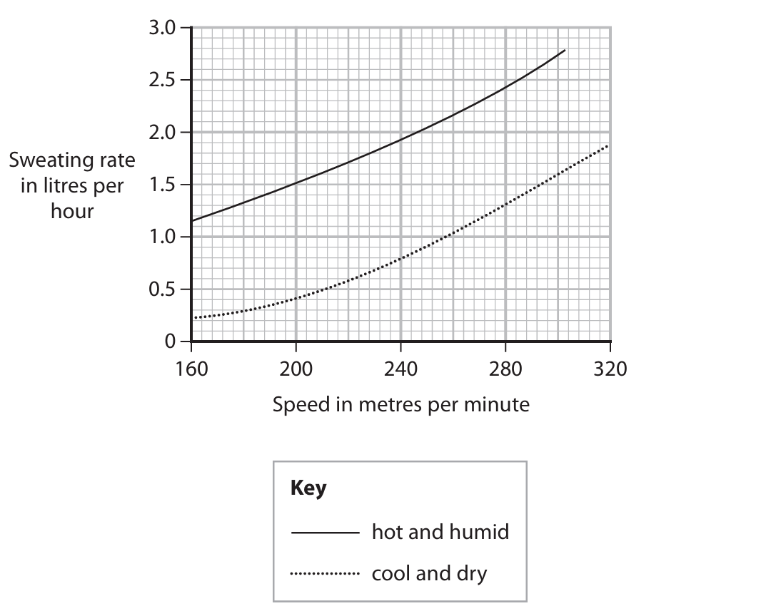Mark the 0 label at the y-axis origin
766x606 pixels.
click(169, 342)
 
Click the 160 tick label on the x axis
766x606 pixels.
click(191, 369)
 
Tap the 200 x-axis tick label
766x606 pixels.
click(296, 369)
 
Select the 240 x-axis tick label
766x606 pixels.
click(400, 369)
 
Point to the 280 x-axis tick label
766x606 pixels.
click(505, 369)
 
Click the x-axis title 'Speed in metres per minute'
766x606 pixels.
click(401, 405)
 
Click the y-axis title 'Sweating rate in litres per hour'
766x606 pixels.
click(72, 185)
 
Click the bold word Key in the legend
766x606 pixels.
click(308, 489)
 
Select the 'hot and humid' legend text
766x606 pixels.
click(440, 532)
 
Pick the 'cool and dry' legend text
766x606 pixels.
click(429, 573)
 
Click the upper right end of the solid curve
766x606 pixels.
click(565, 51)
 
